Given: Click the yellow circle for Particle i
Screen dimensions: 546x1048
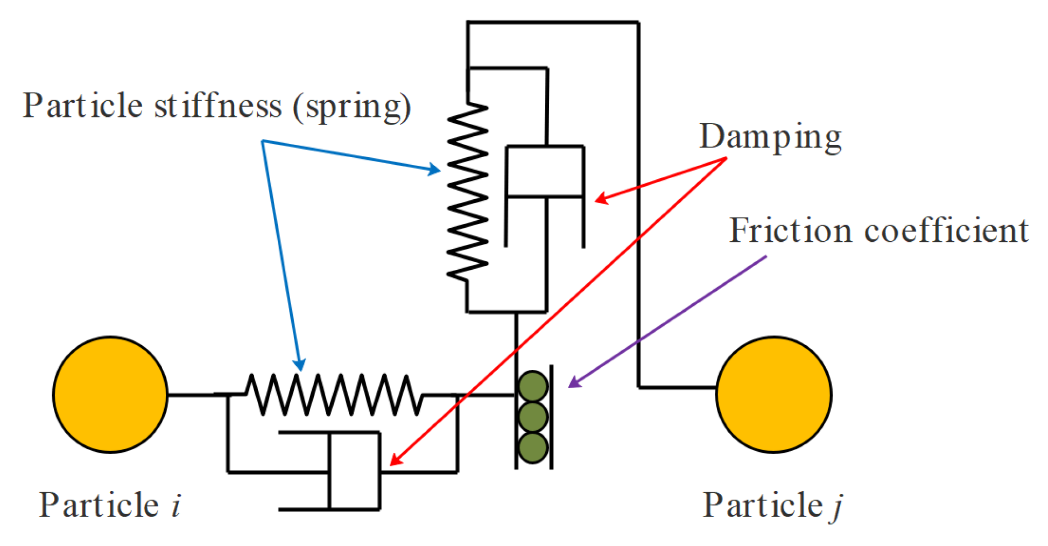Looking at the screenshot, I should pyautogui.click(x=110, y=395).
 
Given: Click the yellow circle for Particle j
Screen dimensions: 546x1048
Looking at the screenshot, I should pyautogui.click(x=773, y=395).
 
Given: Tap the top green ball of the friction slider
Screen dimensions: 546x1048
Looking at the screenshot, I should pyautogui.click(x=533, y=386).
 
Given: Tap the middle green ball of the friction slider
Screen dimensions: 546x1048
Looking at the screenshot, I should pyautogui.click(x=533, y=417).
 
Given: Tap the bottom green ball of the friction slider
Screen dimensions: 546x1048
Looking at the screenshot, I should pyautogui.click(x=533, y=447).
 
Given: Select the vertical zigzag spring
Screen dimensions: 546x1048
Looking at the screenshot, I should pyautogui.click(x=467, y=191).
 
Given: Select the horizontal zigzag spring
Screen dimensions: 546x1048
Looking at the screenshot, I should pyautogui.click(x=334, y=395).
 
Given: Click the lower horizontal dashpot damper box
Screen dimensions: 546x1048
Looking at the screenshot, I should pyautogui.click(x=354, y=471).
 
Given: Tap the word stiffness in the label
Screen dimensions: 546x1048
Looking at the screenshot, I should pyautogui.click(x=218, y=105).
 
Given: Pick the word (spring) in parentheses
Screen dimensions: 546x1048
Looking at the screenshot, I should pyautogui.click(x=353, y=106).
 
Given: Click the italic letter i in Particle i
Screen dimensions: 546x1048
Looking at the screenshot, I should pyautogui.click(x=176, y=505).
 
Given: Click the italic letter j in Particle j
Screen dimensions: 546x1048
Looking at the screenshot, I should pyautogui.click(x=836, y=506).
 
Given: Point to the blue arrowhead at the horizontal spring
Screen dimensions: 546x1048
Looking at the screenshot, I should pyautogui.click(x=300, y=366).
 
